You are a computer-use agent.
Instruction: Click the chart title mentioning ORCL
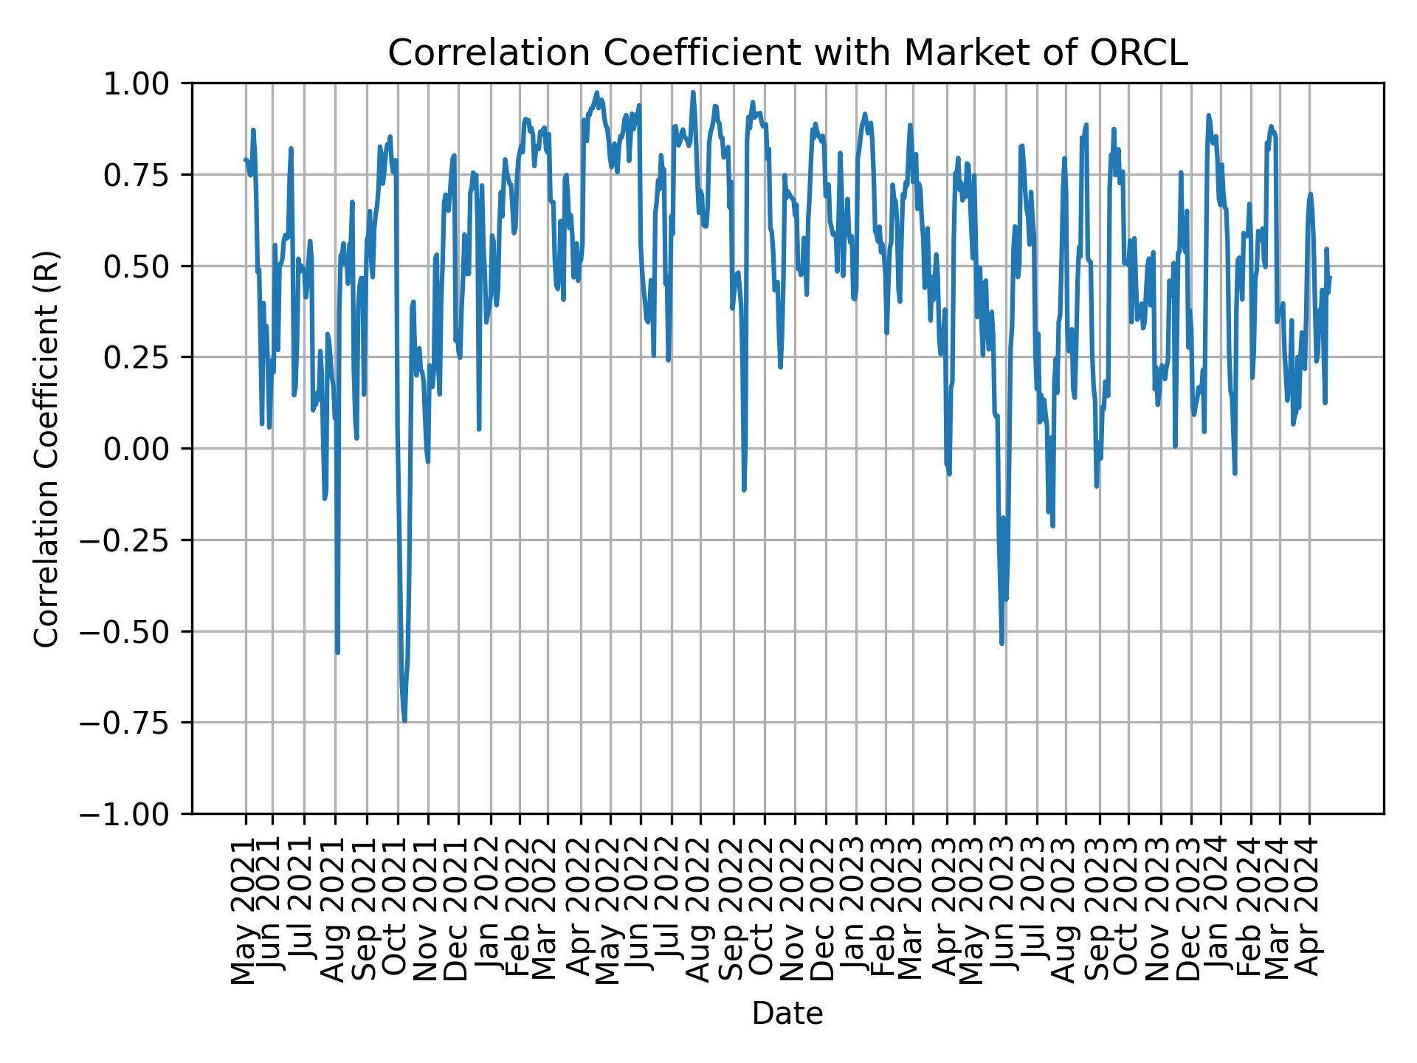tap(787, 53)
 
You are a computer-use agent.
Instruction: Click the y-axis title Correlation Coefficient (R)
tap(46, 448)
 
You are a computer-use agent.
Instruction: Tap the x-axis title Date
tap(787, 1014)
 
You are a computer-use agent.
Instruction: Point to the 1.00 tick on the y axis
tap(145, 83)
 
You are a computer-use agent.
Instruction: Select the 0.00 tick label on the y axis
tap(145, 449)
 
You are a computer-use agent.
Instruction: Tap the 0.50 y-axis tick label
tap(145, 266)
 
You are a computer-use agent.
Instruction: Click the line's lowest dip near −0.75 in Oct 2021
tap(404, 720)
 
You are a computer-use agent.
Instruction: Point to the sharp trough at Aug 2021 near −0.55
tap(337, 652)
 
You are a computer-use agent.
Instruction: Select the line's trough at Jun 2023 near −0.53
tap(1001, 643)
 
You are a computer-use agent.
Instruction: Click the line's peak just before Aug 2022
tap(693, 92)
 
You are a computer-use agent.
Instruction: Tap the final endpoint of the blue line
tap(1330, 278)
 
